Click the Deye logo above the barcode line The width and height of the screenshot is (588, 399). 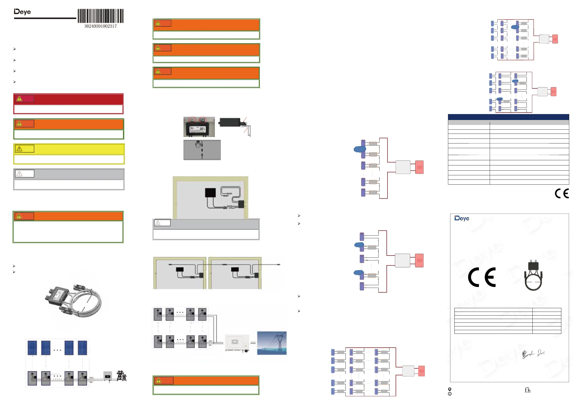pos(22,12)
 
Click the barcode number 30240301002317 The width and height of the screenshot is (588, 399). pos(101,26)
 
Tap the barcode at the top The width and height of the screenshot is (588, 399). pos(101,16)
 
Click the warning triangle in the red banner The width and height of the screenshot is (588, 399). pos(19,99)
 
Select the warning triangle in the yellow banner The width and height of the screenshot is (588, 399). pos(19,149)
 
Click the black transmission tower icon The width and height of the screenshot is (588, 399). pos(122,376)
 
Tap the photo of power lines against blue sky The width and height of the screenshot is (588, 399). pos(272,343)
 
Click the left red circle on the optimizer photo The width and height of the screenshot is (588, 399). pos(192,120)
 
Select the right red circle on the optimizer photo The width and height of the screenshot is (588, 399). pos(203,120)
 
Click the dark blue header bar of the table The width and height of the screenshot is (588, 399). pos(508,117)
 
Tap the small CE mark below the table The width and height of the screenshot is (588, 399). pos(562,194)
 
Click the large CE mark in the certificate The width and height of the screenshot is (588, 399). pos(482,277)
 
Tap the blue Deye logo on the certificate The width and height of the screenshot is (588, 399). pos(462,218)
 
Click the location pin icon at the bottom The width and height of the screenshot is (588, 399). pos(450,389)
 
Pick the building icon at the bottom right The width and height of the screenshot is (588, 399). pos(527,390)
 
